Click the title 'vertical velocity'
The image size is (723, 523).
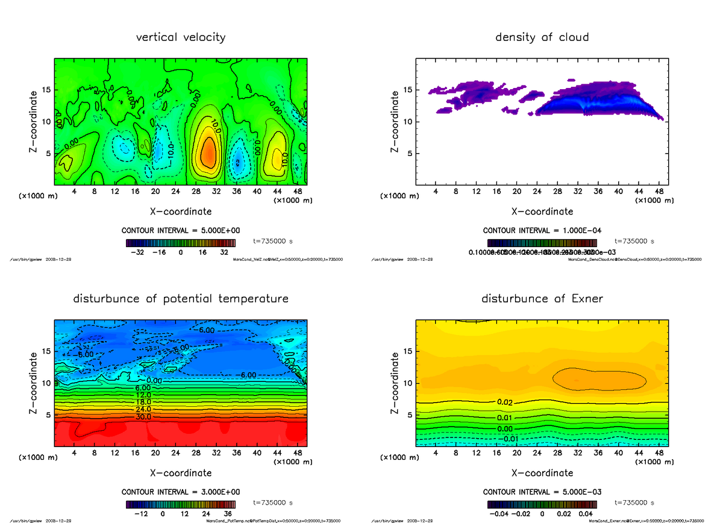click(181, 37)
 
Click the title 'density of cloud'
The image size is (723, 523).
click(542, 37)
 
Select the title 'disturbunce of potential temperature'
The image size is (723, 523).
click(181, 299)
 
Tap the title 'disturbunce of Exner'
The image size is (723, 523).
click(542, 299)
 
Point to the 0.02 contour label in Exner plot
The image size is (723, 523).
click(505, 402)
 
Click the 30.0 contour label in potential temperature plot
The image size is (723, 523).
click(143, 416)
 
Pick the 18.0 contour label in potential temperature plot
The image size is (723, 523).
click(143, 402)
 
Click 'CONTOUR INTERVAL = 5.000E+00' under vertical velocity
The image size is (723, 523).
click(181, 231)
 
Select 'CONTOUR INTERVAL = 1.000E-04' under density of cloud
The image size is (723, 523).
click(542, 231)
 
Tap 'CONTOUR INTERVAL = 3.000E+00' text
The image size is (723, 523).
click(181, 492)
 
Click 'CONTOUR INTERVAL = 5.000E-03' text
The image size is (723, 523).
click(542, 492)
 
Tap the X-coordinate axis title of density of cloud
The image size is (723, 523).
click(542, 211)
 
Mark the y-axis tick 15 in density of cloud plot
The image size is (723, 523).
click(408, 90)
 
